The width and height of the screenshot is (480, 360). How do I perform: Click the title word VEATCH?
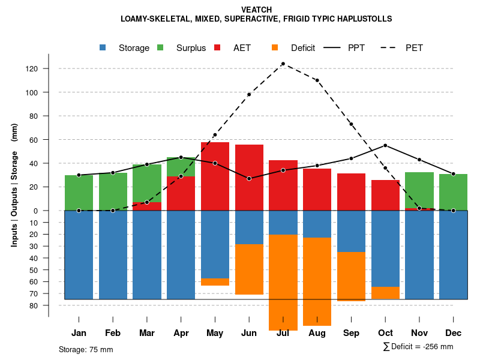click(x=256, y=10)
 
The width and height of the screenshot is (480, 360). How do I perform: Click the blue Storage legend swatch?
click(x=103, y=47)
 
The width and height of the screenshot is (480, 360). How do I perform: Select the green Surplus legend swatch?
click(x=160, y=47)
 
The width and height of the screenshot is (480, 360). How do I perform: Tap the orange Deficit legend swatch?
click(x=275, y=47)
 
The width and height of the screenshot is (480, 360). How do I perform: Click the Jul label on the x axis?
click(x=283, y=333)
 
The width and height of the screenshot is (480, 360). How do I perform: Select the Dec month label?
click(x=453, y=333)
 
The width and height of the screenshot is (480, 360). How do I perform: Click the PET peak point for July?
click(x=283, y=64)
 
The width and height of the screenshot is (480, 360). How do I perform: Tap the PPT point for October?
click(x=385, y=145)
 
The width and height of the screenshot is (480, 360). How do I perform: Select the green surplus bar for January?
click(x=79, y=193)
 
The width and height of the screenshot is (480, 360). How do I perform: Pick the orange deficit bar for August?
click(x=317, y=281)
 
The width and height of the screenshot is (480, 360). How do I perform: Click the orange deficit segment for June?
click(x=249, y=269)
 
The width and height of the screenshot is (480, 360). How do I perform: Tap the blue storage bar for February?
click(x=113, y=254)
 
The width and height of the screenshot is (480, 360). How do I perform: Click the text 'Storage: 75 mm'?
click(x=86, y=349)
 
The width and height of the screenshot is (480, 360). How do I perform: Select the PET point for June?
click(x=249, y=95)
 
